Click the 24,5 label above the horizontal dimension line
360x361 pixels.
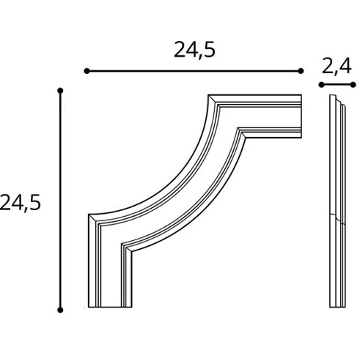click(194, 50)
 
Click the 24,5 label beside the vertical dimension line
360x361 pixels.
click(20, 203)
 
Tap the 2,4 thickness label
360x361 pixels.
click(337, 67)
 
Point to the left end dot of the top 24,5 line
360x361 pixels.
click(87, 71)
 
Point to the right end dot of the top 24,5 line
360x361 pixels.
click(301, 71)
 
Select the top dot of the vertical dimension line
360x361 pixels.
click(60, 91)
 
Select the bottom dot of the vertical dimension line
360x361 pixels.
click(60, 310)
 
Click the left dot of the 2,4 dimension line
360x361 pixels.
click(321, 85)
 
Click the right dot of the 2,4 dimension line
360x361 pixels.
click(353, 85)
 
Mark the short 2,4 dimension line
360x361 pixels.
click(337, 85)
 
